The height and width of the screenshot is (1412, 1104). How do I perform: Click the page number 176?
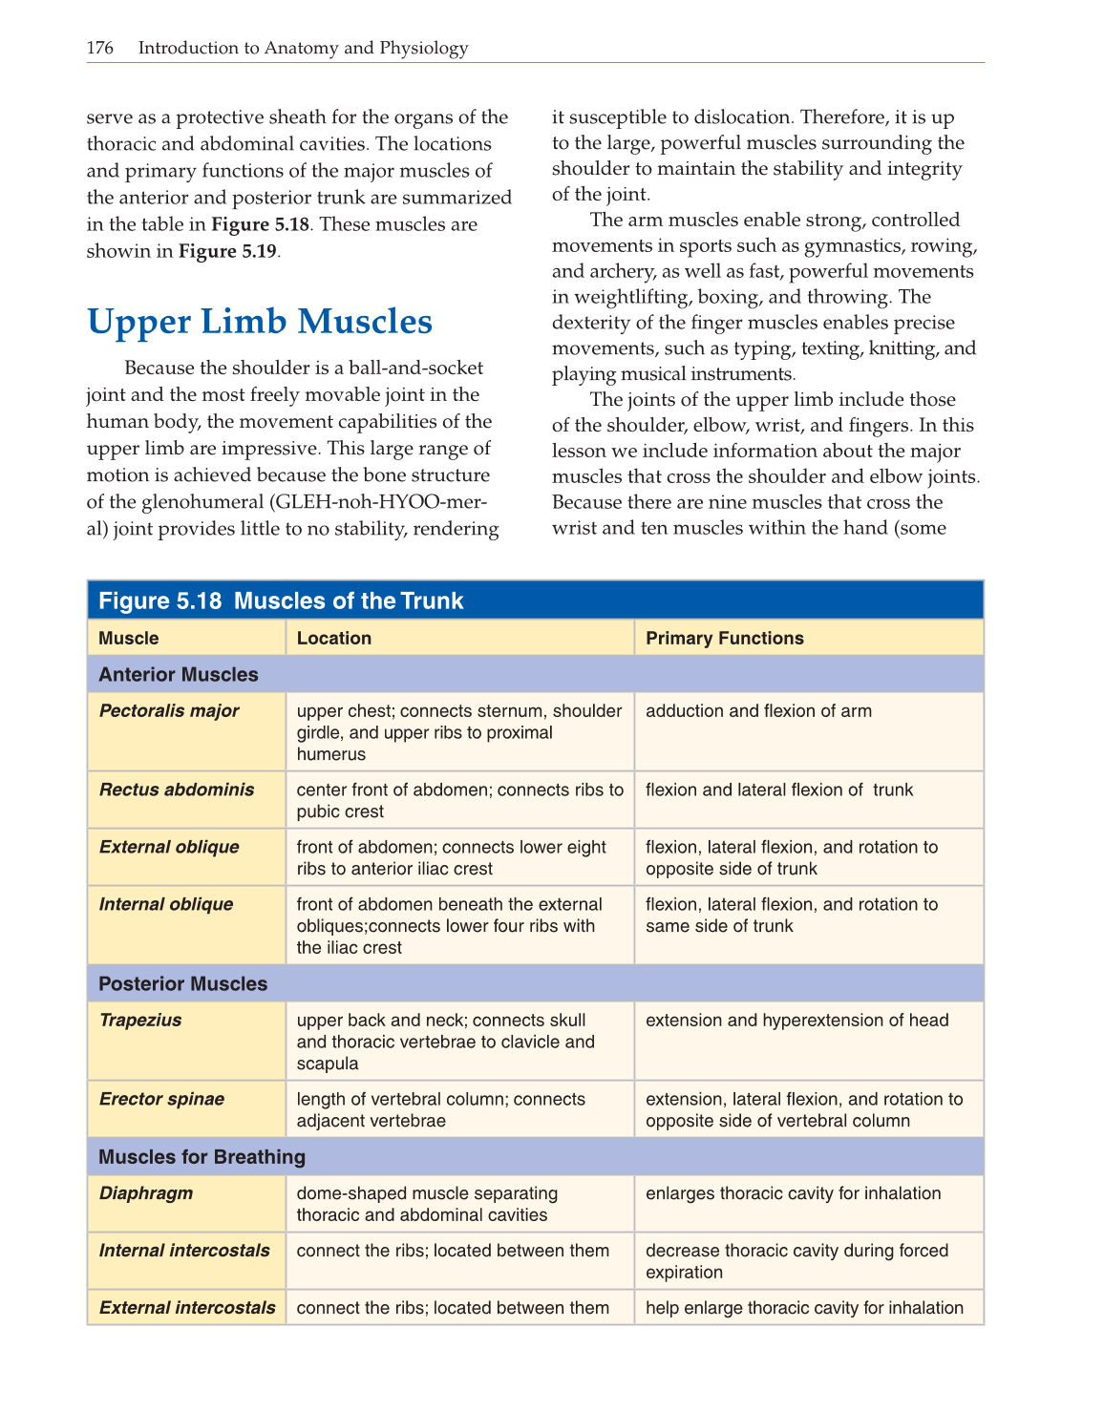(x=99, y=48)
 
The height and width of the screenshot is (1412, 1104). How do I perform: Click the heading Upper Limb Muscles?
(x=260, y=322)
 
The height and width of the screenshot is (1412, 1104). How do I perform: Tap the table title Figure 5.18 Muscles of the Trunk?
(x=281, y=601)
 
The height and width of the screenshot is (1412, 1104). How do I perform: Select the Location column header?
(x=333, y=639)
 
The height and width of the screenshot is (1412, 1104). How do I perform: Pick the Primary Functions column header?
(x=724, y=639)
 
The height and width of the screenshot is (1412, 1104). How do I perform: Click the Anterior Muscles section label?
(x=179, y=675)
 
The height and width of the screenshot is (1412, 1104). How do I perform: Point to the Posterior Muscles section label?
(x=183, y=984)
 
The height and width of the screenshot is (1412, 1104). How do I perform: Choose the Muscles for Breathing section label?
(x=202, y=1157)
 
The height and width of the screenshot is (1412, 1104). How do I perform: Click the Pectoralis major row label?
(x=169, y=711)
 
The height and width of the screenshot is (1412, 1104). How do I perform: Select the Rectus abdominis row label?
(x=177, y=790)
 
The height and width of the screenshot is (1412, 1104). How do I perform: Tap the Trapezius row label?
(x=140, y=1021)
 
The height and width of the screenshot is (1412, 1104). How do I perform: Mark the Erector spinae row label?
(x=161, y=1099)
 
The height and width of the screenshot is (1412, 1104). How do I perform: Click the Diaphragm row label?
(x=146, y=1193)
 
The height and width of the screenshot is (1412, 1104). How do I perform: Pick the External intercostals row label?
(x=187, y=1308)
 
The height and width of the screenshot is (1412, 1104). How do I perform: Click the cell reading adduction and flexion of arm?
(x=758, y=711)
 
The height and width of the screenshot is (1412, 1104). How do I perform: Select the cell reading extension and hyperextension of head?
(x=796, y=1021)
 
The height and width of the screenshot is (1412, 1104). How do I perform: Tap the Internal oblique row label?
(x=166, y=904)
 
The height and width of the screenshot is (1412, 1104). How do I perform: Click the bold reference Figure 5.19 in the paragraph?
(x=228, y=251)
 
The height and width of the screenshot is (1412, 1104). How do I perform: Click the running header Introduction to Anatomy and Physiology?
(x=303, y=48)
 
